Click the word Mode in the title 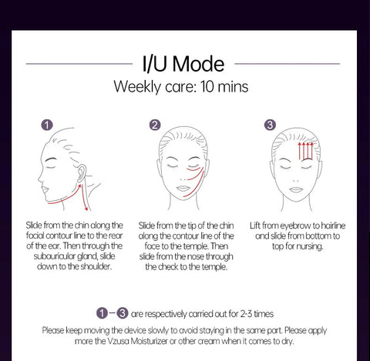(198, 64)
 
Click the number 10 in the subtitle (207, 86)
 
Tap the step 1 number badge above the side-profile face (47, 125)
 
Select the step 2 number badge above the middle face (155, 125)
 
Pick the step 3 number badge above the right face (270, 125)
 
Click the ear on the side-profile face (82, 173)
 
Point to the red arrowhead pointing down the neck (86, 208)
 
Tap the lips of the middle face (183, 189)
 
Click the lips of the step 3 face (296, 189)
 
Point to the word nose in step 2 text (196, 256)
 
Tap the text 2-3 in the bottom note (246, 314)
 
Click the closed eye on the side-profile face (51, 167)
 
